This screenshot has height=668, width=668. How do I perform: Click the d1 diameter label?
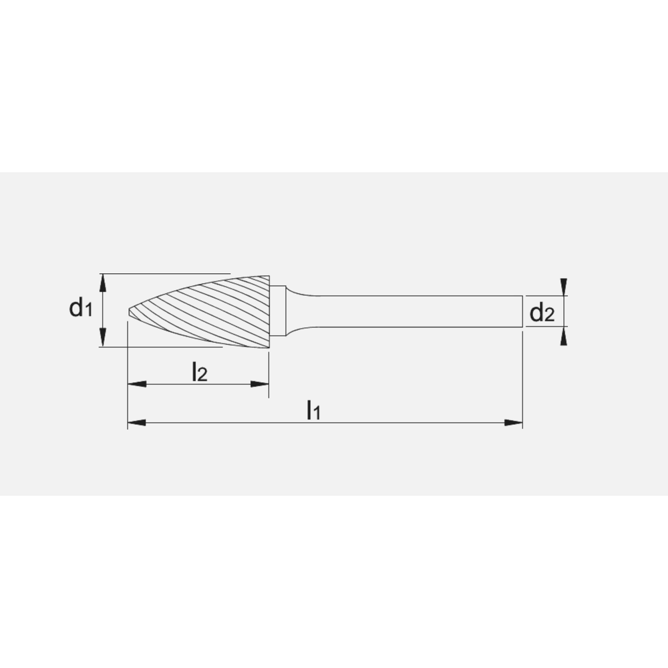[79, 309]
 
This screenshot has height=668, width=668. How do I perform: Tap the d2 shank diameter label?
[542, 312]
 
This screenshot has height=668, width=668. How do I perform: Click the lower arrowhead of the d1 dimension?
[102, 340]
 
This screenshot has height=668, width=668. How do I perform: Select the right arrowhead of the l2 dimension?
[260, 384]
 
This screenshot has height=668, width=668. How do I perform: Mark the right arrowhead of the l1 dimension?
[514, 422]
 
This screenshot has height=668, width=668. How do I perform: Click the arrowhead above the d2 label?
[565, 286]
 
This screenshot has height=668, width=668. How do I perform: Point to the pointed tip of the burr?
[129, 311]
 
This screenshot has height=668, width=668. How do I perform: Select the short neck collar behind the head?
[279, 311]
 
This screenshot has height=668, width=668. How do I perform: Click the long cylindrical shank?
[414, 311]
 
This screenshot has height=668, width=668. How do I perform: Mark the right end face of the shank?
[522, 311]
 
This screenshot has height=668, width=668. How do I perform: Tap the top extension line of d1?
[167, 273]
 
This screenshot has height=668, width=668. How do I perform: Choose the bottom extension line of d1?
[167, 347]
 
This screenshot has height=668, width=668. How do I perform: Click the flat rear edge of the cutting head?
[270, 311]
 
